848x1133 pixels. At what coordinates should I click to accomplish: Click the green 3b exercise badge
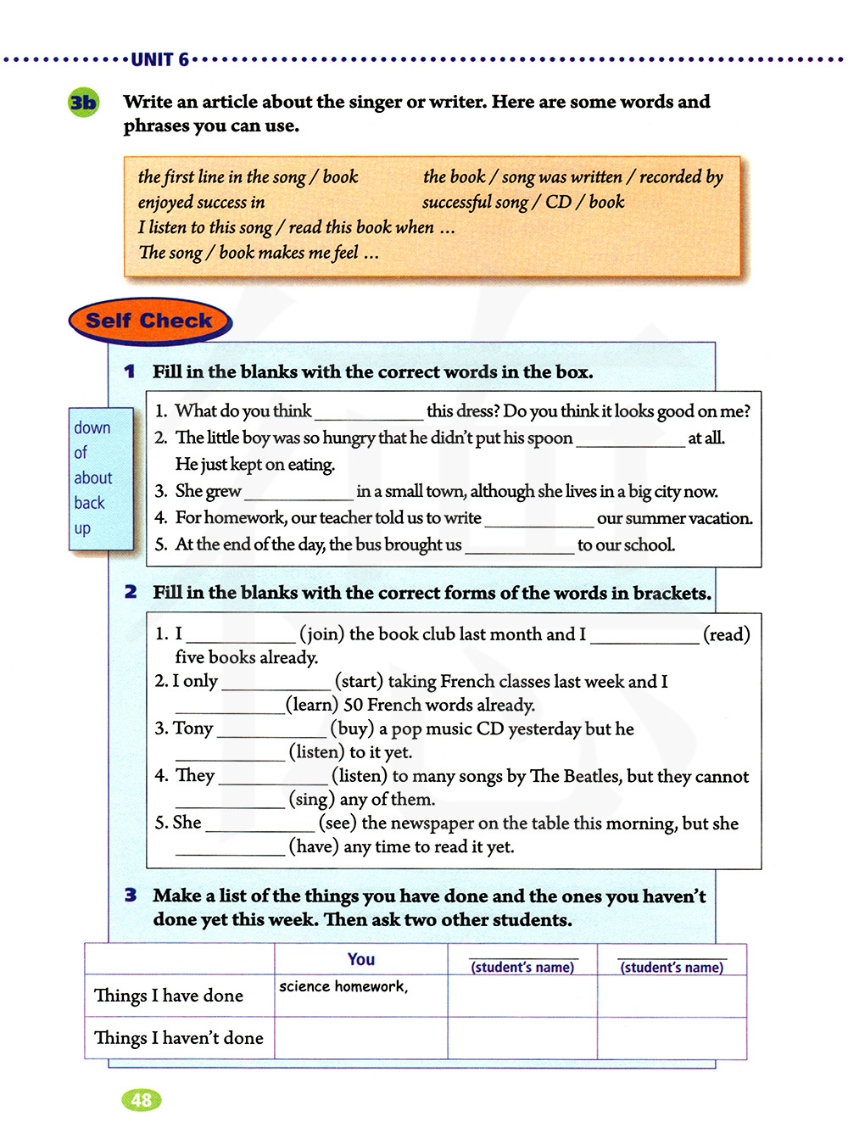(83, 103)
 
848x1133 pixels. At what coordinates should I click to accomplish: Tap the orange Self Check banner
(149, 321)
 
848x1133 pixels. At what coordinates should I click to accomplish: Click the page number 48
(141, 1100)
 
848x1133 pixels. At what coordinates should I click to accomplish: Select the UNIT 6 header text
(159, 59)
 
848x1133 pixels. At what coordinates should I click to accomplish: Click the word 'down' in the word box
(92, 428)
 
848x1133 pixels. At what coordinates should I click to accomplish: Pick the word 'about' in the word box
(92, 478)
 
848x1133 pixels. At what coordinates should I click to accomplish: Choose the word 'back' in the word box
(89, 503)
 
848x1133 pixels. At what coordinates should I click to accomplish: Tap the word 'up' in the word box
(82, 528)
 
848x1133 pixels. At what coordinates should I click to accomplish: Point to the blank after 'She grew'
(298, 494)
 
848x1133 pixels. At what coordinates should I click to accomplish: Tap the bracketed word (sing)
(311, 799)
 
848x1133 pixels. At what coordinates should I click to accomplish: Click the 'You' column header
(361, 959)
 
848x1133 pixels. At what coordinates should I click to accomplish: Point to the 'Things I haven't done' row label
(179, 1038)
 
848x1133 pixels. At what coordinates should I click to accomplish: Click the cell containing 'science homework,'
(360, 995)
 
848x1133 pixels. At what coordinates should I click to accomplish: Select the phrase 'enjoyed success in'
(202, 203)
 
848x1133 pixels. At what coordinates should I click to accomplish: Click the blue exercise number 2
(131, 592)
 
